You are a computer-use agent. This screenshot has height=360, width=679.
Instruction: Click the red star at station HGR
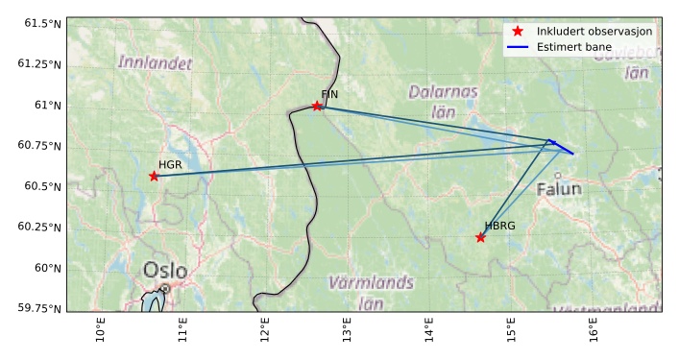pos(154,176)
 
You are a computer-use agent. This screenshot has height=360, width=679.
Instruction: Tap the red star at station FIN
pos(317,106)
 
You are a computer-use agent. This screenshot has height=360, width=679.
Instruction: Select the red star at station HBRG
pos(480,237)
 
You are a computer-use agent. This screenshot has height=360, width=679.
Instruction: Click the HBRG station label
pos(499,227)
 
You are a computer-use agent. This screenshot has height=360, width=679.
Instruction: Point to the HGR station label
pos(170,165)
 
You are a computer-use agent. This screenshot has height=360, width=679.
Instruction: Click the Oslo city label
pos(165,271)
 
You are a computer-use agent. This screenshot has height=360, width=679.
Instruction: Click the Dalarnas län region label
pos(443,102)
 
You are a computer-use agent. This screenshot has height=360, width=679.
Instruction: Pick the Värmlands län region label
pos(371,292)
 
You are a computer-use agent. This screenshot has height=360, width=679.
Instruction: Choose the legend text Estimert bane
pos(574,46)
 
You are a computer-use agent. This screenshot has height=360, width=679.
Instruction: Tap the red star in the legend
pos(518,32)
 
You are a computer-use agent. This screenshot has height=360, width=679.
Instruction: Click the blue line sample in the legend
pos(518,46)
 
